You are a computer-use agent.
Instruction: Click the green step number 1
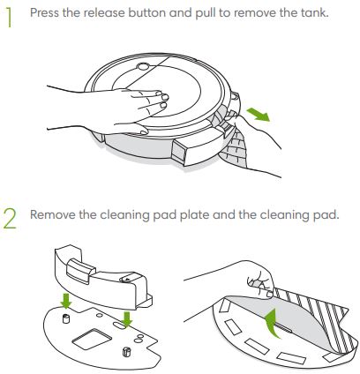(10, 18)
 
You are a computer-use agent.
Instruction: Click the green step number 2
(10, 219)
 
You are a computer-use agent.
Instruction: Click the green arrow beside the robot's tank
(258, 114)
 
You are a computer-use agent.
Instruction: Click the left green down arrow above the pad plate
(66, 300)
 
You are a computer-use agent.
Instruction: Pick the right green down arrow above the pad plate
(127, 319)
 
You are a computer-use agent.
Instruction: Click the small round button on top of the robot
(143, 67)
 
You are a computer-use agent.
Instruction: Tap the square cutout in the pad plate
(90, 339)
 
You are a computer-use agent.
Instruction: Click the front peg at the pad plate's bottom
(126, 352)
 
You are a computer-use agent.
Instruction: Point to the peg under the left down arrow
(65, 318)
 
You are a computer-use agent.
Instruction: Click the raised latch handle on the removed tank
(80, 271)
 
